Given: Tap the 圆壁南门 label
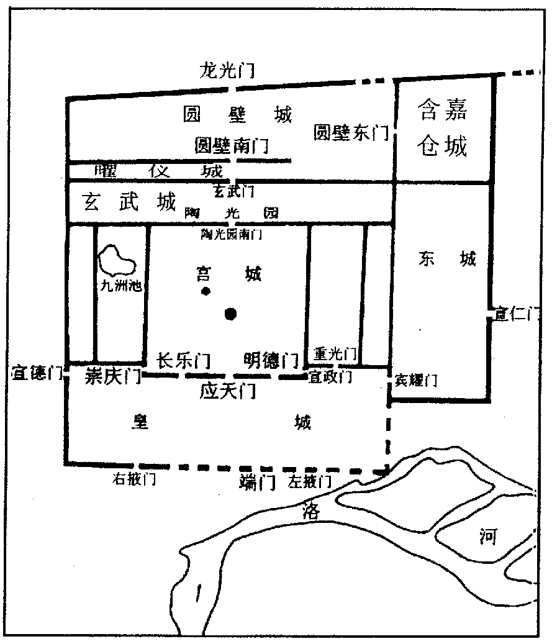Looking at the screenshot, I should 231,147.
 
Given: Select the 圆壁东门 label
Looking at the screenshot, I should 351,132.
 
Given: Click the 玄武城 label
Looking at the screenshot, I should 130,202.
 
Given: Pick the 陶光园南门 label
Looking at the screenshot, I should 231,235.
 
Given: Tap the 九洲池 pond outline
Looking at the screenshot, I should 119,261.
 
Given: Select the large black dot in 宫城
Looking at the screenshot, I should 232,314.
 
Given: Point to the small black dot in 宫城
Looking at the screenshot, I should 204,291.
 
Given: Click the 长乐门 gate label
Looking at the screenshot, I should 183,360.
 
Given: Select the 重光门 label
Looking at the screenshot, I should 335,354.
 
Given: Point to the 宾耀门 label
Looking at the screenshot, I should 415,380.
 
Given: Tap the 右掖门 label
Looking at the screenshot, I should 133,479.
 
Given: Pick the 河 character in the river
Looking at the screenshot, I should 488,537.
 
